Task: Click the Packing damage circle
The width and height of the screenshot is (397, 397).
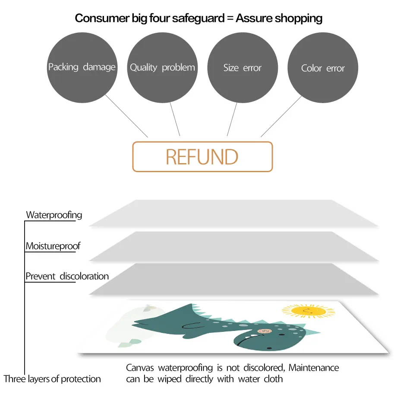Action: (x=82, y=68)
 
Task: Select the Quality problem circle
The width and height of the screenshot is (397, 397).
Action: (x=162, y=68)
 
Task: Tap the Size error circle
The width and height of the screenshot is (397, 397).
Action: (x=243, y=68)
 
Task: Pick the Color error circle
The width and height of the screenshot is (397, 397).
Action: (x=323, y=68)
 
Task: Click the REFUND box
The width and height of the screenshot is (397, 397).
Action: (x=202, y=157)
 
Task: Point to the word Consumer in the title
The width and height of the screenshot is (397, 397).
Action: (x=102, y=18)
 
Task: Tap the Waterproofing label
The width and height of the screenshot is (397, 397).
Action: (x=54, y=215)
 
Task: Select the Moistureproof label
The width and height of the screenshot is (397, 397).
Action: (x=53, y=246)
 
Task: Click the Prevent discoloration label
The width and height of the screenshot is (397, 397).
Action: (x=67, y=276)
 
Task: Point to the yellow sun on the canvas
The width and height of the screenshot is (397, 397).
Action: (x=308, y=311)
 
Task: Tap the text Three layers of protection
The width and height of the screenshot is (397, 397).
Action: (x=52, y=379)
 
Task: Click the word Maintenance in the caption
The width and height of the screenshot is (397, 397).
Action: (x=314, y=368)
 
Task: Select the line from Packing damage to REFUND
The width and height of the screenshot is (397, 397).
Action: (x=126, y=116)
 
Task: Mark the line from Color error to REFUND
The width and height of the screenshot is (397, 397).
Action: (x=281, y=116)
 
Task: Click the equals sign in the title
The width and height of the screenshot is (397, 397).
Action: (x=230, y=19)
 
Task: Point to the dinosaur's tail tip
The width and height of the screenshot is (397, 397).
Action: (x=132, y=324)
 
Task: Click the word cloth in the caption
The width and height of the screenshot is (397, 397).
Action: (x=273, y=379)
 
